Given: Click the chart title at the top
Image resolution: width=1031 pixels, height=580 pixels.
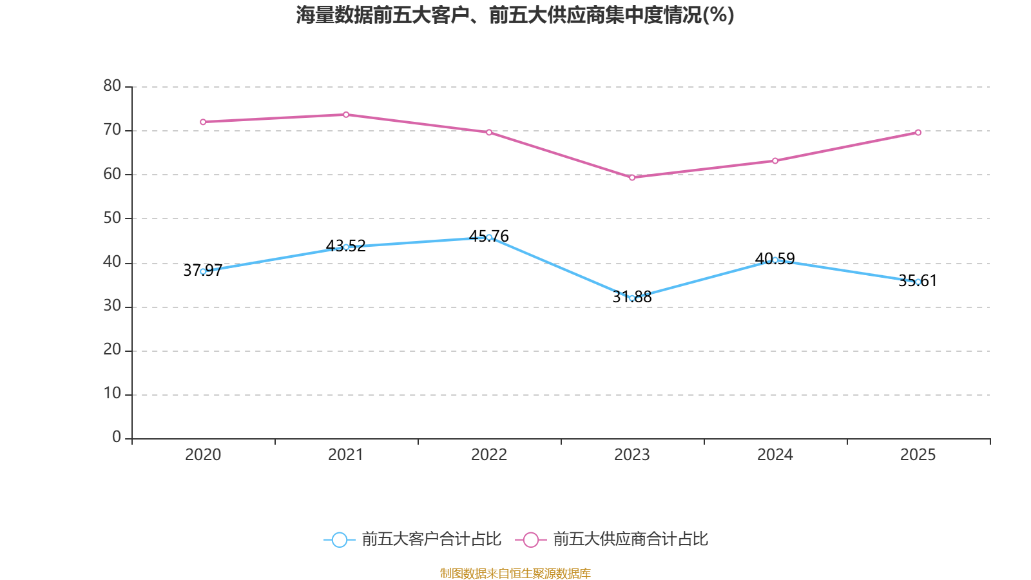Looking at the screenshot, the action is tap(515, 15).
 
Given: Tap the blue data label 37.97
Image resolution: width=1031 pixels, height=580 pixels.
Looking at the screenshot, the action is tap(203, 270).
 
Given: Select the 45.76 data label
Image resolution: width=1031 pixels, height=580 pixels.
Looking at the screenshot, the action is tap(489, 236).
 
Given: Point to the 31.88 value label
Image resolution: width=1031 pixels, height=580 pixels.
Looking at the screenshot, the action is tap(632, 297).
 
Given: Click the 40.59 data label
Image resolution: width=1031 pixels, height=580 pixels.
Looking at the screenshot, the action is tap(775, 258).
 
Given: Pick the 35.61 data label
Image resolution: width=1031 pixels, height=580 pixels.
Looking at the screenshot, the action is tap(918, 280).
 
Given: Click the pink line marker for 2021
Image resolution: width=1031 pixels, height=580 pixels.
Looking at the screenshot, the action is tap(346, 115).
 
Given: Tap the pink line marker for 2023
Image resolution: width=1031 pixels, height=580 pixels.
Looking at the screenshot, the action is tap(632, 178).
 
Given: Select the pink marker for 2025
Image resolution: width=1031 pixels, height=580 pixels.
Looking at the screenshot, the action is tap(918, 133).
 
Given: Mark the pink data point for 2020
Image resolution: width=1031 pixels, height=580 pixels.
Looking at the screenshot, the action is tap(203, 122).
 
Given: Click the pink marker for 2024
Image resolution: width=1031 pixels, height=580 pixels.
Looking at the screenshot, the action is tap(775, 160).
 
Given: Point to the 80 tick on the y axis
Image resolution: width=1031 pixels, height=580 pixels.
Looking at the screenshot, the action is tap(112, 86).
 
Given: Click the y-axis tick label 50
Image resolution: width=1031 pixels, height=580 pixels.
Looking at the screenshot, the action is tap(112, 218).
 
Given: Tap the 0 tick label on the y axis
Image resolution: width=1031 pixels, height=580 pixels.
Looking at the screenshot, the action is tap(117, 437).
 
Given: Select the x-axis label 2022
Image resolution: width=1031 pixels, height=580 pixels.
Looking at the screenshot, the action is tap(489, 455).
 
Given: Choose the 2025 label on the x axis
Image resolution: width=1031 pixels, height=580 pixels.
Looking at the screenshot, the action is tap(918, 455).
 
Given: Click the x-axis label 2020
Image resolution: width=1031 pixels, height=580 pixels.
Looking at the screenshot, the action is tap(203, 455).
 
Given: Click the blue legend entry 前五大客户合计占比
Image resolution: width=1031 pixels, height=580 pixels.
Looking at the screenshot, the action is tap(412, 539).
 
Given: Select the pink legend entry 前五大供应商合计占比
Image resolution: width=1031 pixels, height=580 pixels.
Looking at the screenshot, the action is tap(612, 539).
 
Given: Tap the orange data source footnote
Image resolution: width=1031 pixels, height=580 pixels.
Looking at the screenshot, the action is tap(515, 573).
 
